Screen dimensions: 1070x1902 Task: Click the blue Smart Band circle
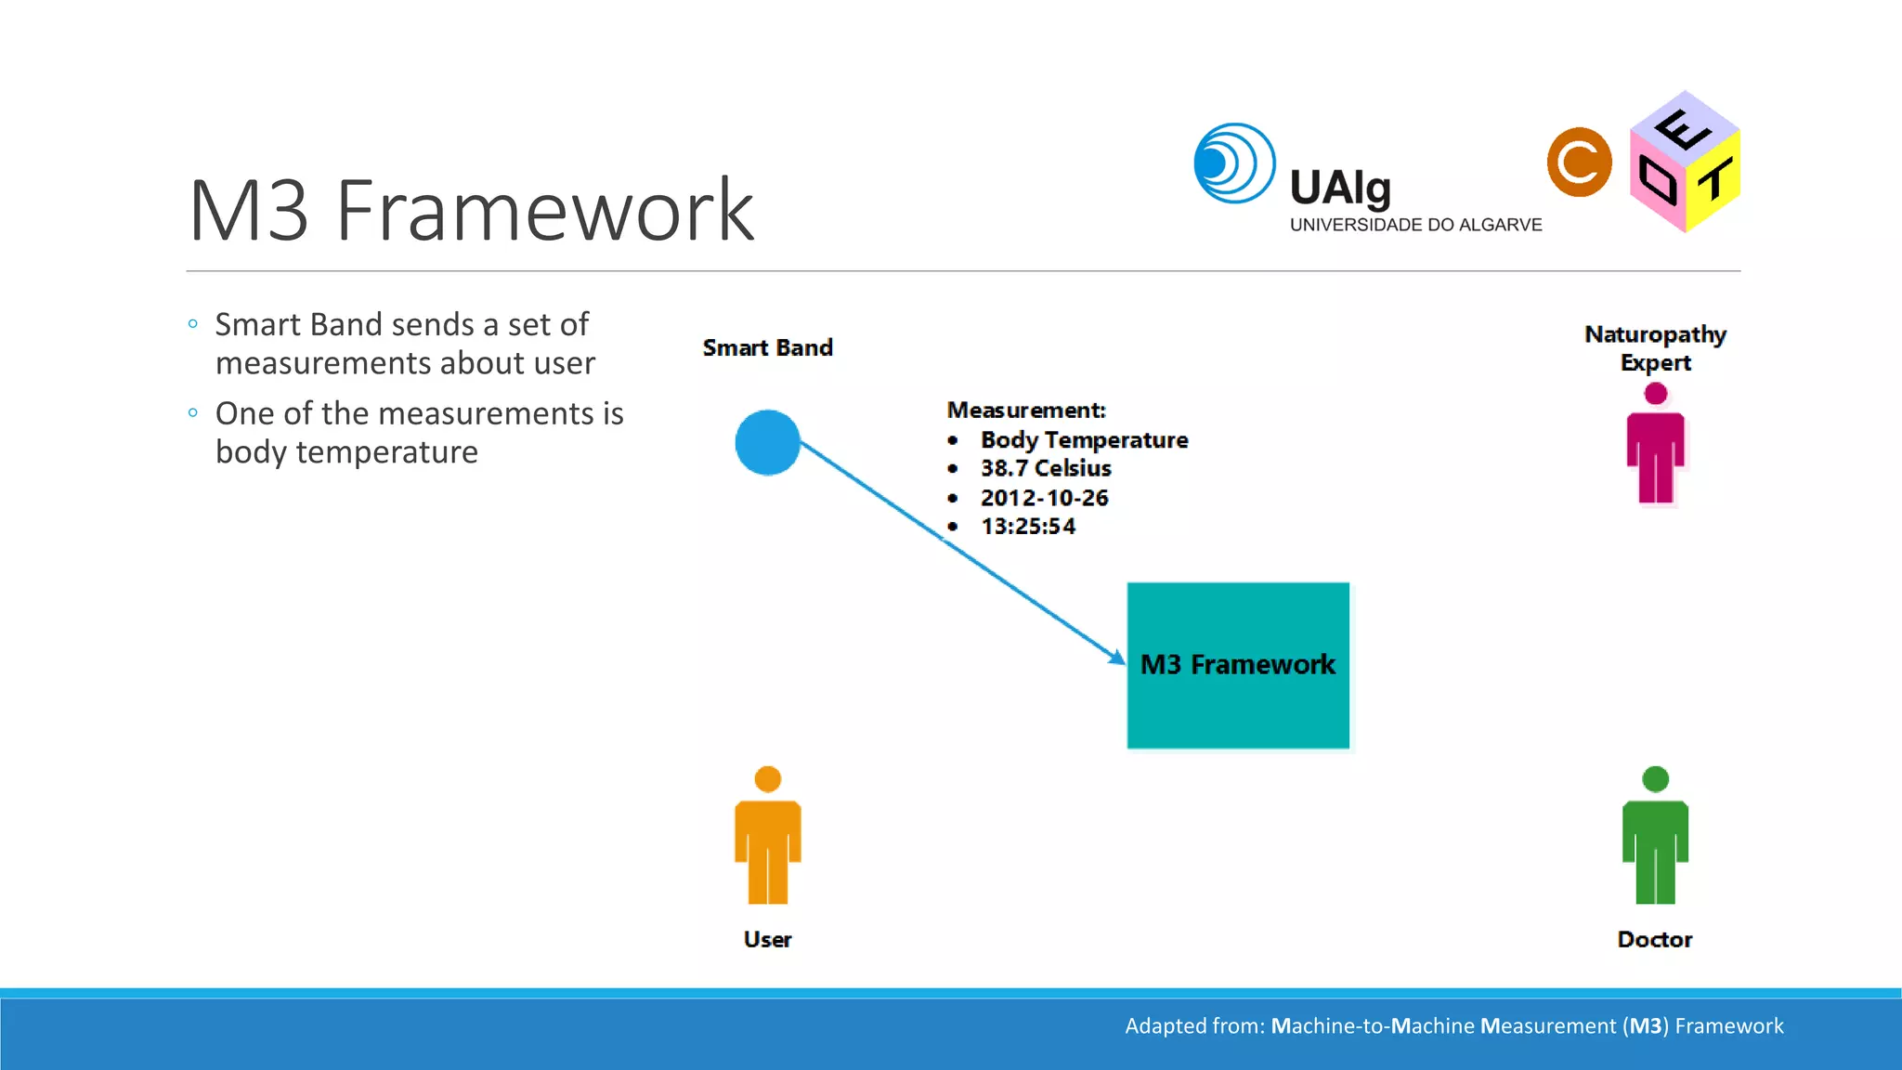[x=767, y=443]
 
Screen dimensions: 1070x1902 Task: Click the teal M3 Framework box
[x=1238, y=665]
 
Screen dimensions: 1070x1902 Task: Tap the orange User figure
[x=767, y=836]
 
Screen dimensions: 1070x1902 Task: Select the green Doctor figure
[x=1655, y=836]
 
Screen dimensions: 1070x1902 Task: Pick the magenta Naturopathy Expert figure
[x=1655, y=446]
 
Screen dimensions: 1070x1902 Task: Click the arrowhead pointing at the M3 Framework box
[x=1117, y=658]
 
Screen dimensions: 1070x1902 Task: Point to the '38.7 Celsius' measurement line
[x=1046, y=468]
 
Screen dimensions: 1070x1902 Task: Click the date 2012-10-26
[x=1044, y=498]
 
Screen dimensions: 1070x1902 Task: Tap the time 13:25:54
[x=1028, y=527]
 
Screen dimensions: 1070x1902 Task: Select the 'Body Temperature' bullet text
[x=1084, y=439]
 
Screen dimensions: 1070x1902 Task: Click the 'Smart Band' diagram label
[x=767, y=347]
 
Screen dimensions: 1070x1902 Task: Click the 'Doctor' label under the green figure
[x=1654, y=939]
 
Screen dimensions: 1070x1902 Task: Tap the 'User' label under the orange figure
[x=767, y=939]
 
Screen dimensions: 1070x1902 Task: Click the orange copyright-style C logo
[x=1579, y=163]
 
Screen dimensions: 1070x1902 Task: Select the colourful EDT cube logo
[x=1685, y=163]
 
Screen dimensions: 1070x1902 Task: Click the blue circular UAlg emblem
[x=1233, y=163]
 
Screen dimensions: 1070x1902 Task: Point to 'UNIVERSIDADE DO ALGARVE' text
[x=1415, y=225]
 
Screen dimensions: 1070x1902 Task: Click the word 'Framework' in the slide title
[x=544, y=211]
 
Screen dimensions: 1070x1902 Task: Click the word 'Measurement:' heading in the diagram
[x=1026, y=410]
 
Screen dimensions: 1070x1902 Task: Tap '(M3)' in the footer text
[x=1645, y=1026]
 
